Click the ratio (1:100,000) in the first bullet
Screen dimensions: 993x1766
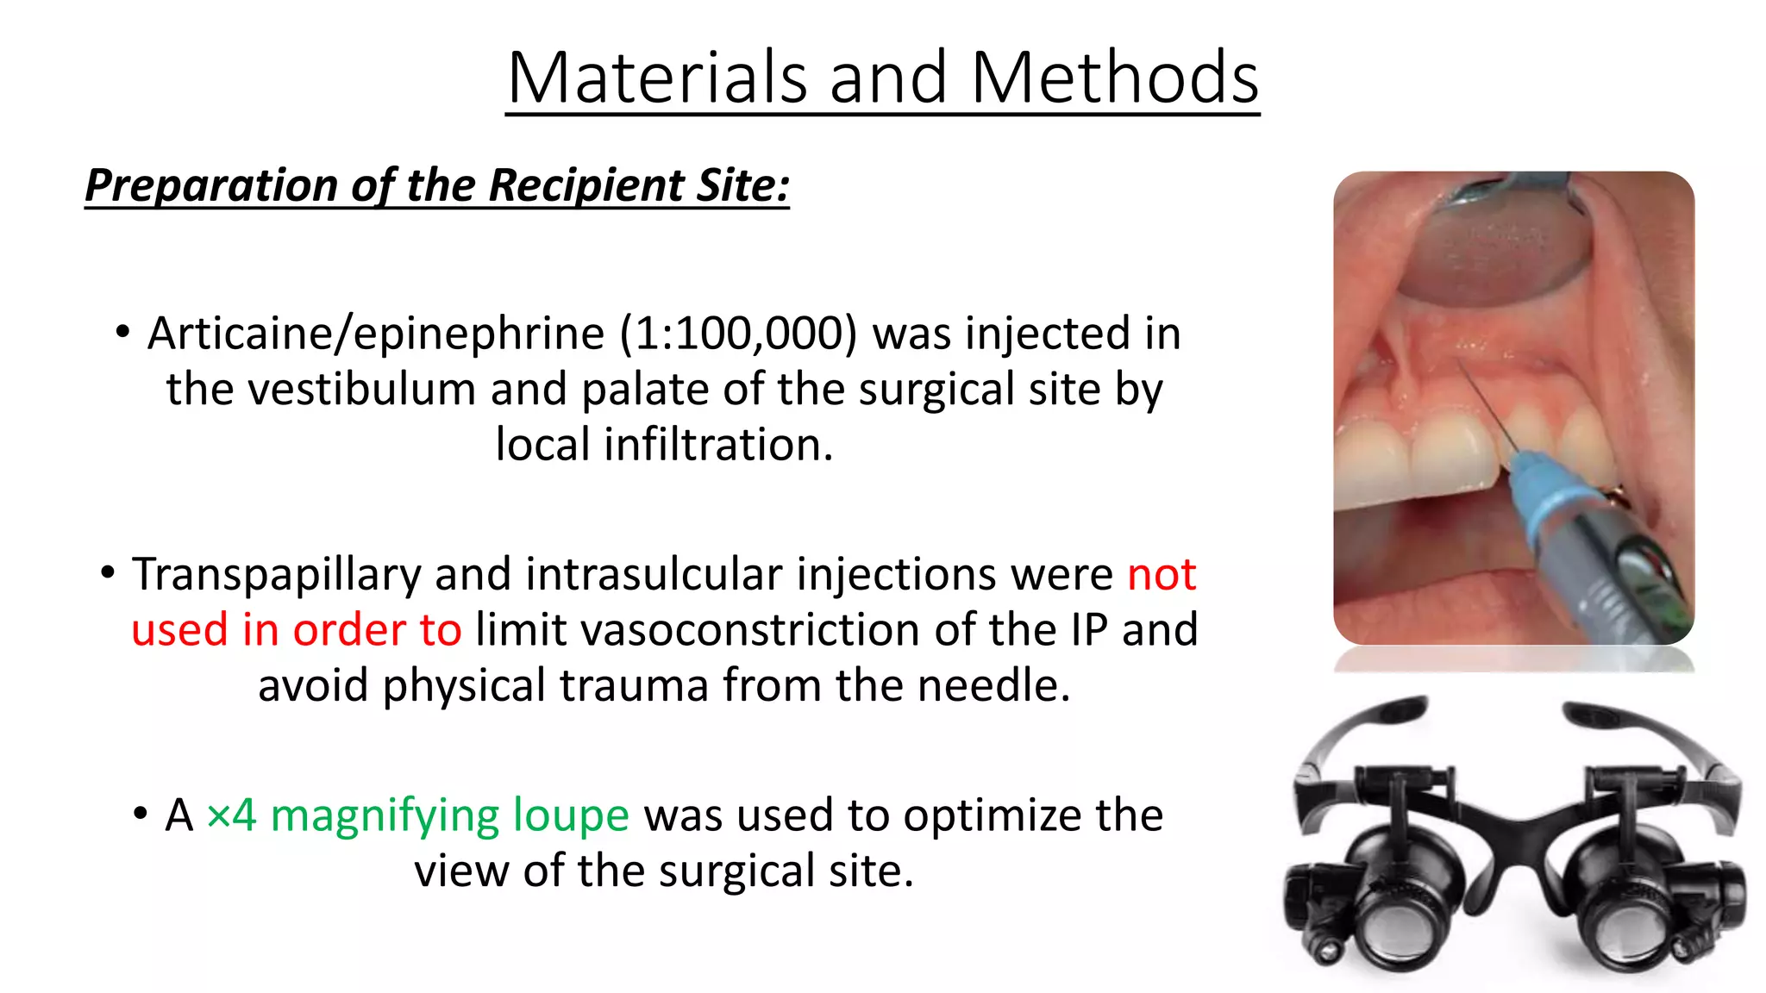coord(738,334)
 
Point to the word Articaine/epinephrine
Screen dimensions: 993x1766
coord(376,334)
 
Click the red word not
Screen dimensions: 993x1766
coord(1162,575)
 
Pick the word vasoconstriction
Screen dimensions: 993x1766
coord(774,630)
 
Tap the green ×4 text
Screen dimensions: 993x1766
coord(231,815)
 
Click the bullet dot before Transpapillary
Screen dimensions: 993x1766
coord(108,572)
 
